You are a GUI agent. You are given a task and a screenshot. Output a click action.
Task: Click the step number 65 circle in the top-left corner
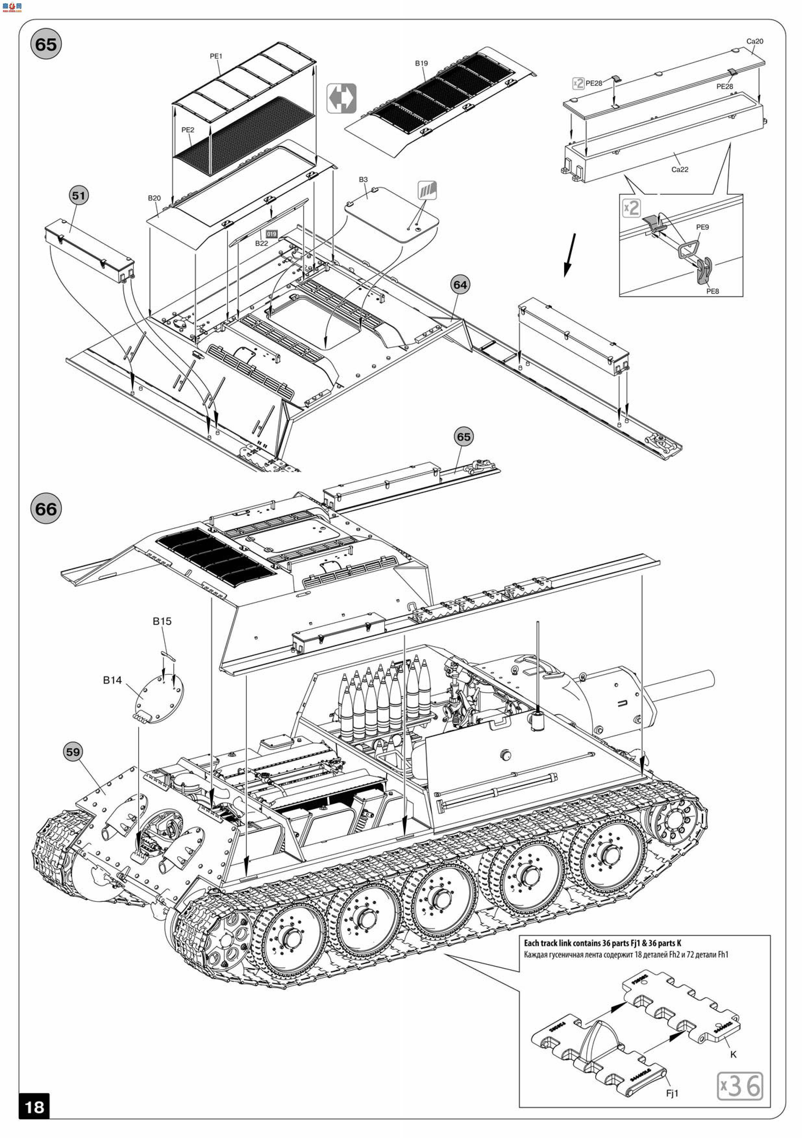click(46, 44)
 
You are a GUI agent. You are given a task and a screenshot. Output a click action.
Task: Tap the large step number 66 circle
click(46, 509)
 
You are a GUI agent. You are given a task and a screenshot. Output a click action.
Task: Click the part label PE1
click(216, 56)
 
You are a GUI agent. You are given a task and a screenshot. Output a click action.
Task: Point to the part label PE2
click(188, 130)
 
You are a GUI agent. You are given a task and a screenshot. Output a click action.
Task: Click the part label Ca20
click(754, 41)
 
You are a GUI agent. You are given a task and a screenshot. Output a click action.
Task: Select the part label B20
click(154, 198)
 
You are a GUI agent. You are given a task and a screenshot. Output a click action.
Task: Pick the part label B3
click(363, 179)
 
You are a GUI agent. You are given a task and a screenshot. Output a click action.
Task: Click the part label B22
click(261, 243)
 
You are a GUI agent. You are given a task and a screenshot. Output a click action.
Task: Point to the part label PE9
click(702, 227)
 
